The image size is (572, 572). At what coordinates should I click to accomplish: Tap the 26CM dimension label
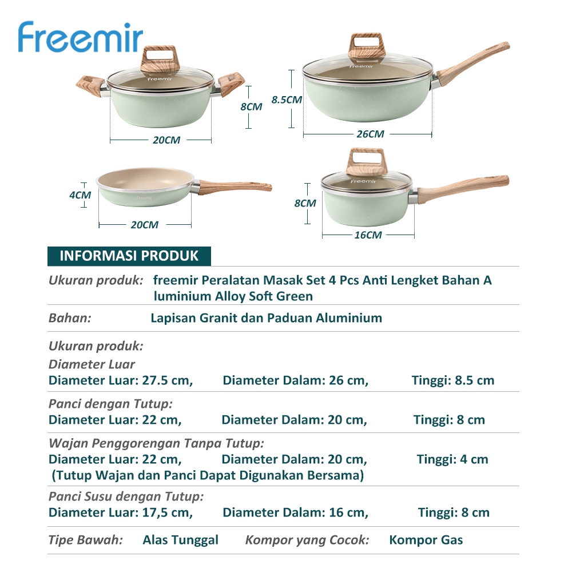[x=370, y=134]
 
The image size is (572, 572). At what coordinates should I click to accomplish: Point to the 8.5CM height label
[x=287, y=100]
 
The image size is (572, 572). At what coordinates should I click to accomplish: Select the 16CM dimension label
[x=368, y=235]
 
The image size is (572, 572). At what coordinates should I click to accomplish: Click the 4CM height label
[x=80, y=195]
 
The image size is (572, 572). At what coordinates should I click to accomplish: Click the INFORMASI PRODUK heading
[x=129, y=256]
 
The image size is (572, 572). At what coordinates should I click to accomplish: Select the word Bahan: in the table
[x=70, y=317]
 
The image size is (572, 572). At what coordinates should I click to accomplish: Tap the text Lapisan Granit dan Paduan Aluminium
[x=267, y=317]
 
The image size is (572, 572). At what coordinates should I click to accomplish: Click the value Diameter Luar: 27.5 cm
[x=121, y=380]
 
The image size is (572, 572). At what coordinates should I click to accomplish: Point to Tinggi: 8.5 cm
[x=453, y=380]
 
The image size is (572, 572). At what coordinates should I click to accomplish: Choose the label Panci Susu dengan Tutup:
[x=126, y=496]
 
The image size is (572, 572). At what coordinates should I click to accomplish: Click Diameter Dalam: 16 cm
[x=296, y=512]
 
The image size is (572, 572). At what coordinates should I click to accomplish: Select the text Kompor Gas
[x=426, y=539]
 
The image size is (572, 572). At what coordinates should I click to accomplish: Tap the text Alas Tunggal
[x=181, y=539]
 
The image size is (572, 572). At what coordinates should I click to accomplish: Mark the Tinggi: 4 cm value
[x=452, y=459]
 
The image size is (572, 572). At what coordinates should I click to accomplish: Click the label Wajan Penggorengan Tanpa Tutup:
[x=157, y=443]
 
